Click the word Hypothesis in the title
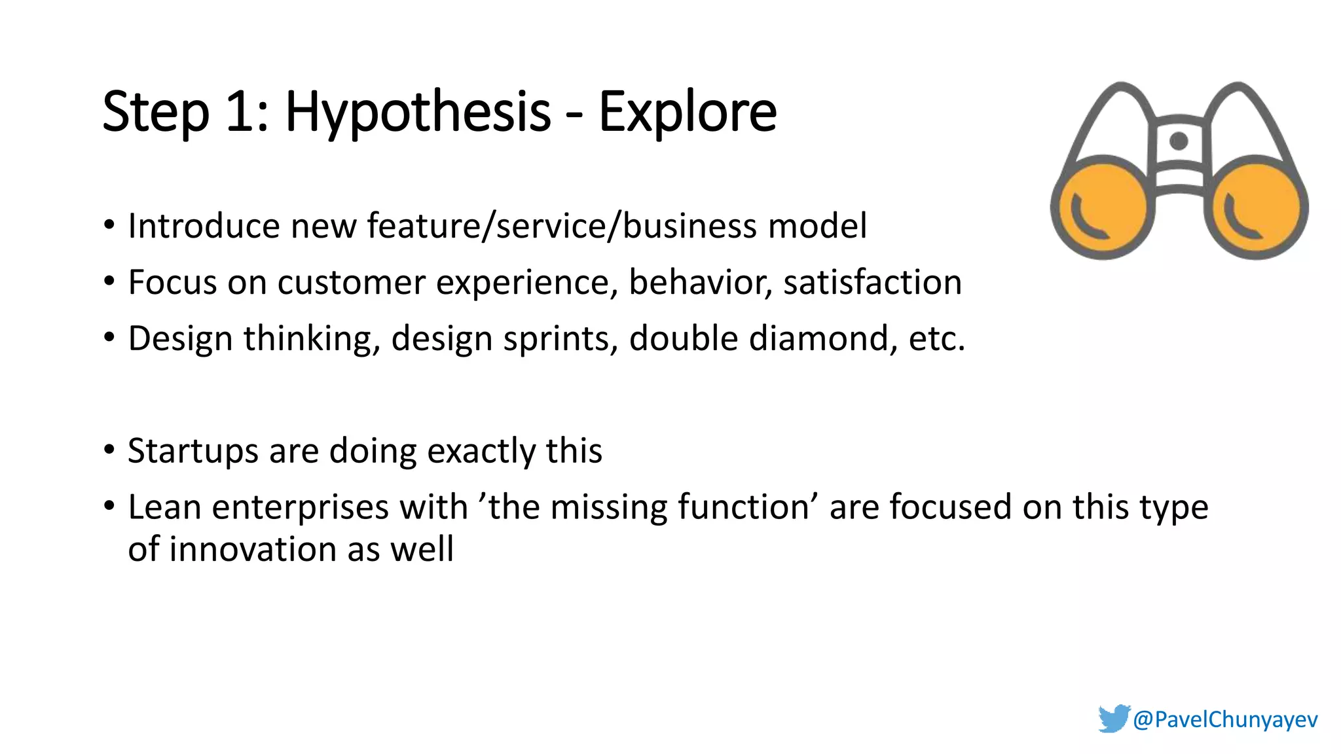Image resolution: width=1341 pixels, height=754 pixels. (x=418, y=113)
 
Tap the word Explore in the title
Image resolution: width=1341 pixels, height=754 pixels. (x=688, y=113)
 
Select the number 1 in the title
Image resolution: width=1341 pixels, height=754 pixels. (x=240, y=113)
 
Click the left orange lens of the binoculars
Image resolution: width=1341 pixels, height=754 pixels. (x=1103, y=207)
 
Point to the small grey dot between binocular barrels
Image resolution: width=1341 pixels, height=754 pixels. (x=1179, y=141)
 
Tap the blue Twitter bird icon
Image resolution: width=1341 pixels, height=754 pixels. (x=1114, y=718)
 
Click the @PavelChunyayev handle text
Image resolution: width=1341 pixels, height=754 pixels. (x=1225, y=719)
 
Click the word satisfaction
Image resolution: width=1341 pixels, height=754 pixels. (x=872, y=282)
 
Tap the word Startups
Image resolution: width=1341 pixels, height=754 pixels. (x=193, y=451)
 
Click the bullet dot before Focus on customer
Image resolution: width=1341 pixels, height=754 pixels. (x=109, y=282)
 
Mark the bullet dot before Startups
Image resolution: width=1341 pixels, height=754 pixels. (x=109, y=451)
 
